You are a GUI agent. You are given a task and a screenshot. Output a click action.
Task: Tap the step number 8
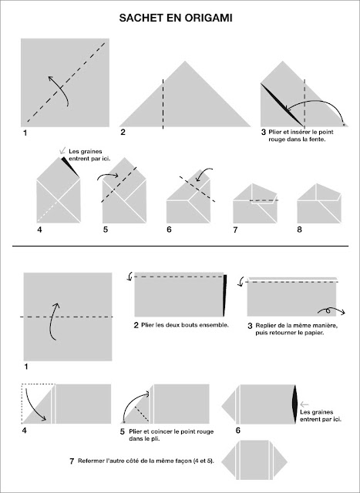[299, 230]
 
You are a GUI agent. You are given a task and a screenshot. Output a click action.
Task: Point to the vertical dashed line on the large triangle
[163, 104]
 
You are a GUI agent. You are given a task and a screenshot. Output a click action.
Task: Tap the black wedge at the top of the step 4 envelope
[70, 166]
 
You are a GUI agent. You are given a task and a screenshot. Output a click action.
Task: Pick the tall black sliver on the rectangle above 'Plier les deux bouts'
[224, 296]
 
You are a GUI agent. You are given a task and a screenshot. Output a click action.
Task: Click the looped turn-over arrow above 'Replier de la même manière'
[331, 311]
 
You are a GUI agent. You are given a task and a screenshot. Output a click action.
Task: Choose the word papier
[314, 332]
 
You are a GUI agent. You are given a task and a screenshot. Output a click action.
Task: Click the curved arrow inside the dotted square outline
[34, 406]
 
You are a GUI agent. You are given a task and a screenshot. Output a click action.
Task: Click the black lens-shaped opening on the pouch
[294, 404]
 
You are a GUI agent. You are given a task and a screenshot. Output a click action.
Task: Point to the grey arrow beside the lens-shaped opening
[304, 404]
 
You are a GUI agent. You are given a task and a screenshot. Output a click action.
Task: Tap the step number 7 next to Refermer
[72, 461]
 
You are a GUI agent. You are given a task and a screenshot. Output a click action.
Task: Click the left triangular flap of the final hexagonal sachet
[229, 461]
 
